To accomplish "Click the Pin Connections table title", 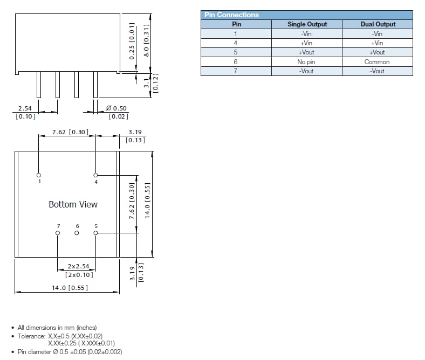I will click(x=231, y=15).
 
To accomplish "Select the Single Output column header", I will click(x=307, y=24).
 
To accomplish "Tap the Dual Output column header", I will click(x=378, y=24).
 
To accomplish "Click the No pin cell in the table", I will click(x=307, y=62).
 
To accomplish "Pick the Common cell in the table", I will click(x=378, y=62).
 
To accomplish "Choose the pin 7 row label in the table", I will click(x=236, y=71).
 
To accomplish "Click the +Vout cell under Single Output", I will click(x=307, y=52).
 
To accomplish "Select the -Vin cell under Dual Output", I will click(x=378, y=33).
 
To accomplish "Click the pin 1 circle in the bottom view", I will click(x=38, y=175).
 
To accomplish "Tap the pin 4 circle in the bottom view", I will click(x=96, y=175).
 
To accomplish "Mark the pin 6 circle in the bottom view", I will click(x=77, y=233).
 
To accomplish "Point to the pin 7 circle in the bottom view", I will click(x=58, y=233).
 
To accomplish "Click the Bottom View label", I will click(x=73, y=204).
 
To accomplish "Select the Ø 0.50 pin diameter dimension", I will click(x=116, y=108).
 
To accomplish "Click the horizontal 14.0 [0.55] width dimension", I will click(x=66, y=288).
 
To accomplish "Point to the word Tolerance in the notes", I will click(x=31, y=336).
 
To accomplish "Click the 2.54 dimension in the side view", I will click(x=25, y=108).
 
